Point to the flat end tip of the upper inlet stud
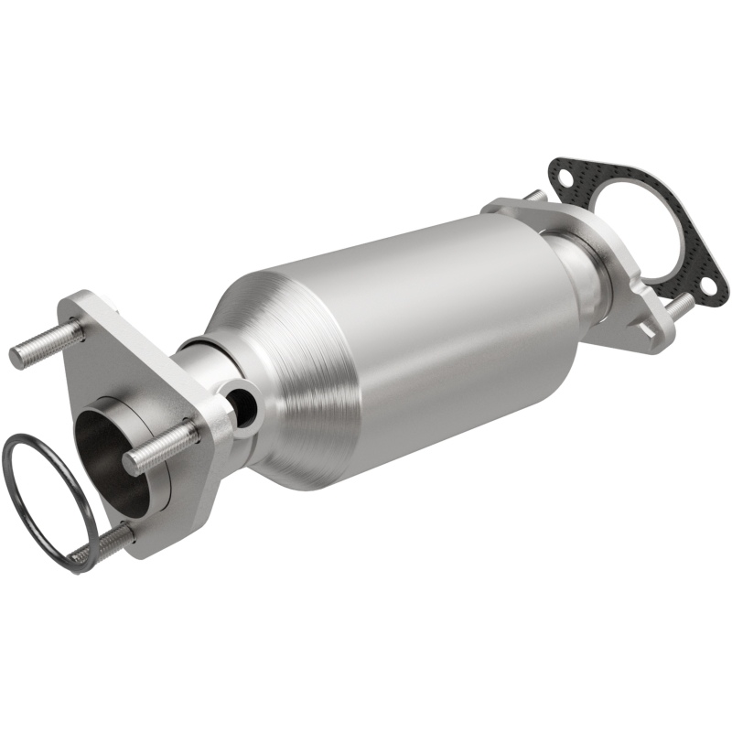click(x=16, y=356)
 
